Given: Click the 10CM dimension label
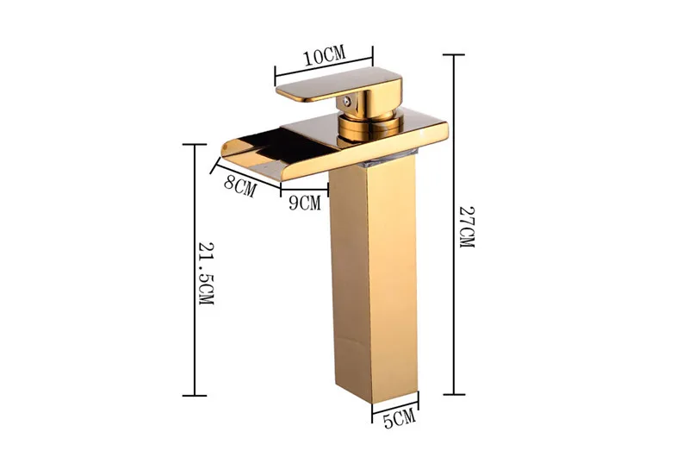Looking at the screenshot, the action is [x=325, y=55].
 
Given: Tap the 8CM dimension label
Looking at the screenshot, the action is [x=240, y=186].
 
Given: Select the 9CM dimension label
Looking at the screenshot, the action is [x=305, y=203].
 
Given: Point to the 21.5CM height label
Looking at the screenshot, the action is [x=206, y=273].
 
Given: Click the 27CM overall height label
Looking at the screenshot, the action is [x=467, y=227].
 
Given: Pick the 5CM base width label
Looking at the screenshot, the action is [x=399, y=418].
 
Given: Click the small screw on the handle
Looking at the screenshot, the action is [x=347, y=101].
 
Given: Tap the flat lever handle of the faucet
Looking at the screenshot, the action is [x=338, y=85].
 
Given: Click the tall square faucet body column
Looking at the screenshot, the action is [x=374, y=281].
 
